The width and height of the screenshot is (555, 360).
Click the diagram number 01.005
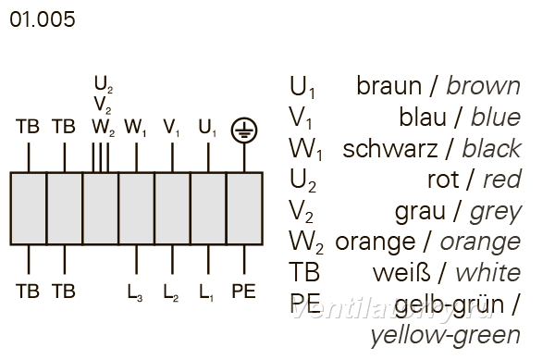click(x=43, y=19)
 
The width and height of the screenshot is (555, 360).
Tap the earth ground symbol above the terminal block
click(x=244, y=130)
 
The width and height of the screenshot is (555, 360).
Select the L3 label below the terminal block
click(x=135, y=292)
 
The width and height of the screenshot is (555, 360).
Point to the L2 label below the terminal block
click(x=170, y=292)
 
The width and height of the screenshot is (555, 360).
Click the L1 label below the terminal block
click(x=206, y=292)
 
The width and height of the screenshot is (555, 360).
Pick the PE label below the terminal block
click(x=243, y=292)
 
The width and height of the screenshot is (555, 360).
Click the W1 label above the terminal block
click(x=135, y=128)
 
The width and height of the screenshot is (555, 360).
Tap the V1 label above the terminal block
click(x=171, y=128)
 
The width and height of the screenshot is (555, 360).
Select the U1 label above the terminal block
click(x=207, y=128)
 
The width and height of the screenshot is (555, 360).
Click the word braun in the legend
click(x=389, y=86)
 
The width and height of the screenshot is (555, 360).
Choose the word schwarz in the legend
click(x=390, y=149)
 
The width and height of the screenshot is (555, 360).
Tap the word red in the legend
click(x=502, y=180)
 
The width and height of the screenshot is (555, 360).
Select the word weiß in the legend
click(x=401, y=273)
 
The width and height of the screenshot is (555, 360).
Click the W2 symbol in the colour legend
click(x=306, y=242)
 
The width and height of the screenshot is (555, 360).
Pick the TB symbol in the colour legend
click(x=304, y=272)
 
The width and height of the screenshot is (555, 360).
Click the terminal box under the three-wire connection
click(x=101, y=208)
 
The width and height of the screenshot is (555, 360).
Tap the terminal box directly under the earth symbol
click(x=244, y=208)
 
